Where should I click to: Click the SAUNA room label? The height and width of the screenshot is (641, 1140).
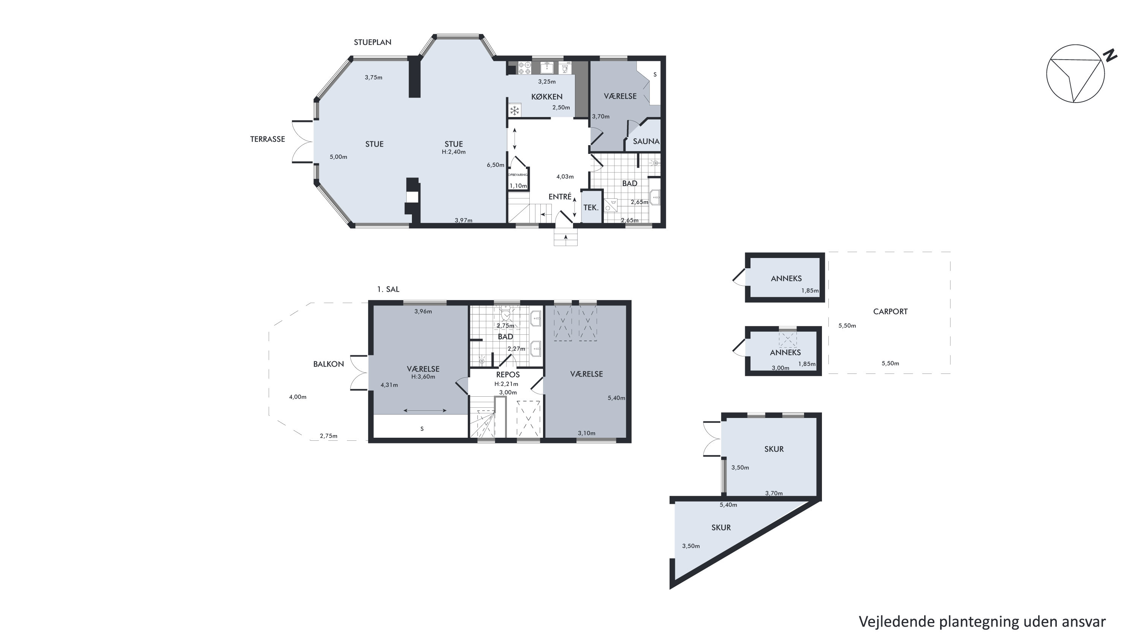coord(646,142)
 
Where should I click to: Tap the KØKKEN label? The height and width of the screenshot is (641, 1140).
coord(547,97)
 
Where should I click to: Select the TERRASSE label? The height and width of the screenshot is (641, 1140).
coord(267,139)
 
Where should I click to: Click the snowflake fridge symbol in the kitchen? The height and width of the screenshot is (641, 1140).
coord(515,110)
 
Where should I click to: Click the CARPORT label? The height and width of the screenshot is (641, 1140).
coord(890,312)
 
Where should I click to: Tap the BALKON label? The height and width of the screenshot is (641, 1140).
coord(328,364)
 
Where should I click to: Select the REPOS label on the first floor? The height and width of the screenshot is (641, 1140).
coord(508,375)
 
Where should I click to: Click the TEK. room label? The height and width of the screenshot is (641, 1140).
coord(591,207)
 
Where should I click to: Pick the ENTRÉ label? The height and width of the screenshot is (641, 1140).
coord(560,196)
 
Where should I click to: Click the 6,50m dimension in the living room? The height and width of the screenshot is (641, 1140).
coord(496,165)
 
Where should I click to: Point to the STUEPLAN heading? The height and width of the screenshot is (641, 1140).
coord(373,42)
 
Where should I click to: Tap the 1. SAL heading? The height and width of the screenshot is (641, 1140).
coord(388,289)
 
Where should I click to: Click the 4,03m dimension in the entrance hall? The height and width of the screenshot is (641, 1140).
coord(565,177)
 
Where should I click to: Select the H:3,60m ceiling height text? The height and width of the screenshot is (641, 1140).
coord(423,377)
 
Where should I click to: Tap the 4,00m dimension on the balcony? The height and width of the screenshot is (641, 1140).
coord(298,397)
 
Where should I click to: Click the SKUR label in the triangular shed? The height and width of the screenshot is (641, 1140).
coord(721,527)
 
